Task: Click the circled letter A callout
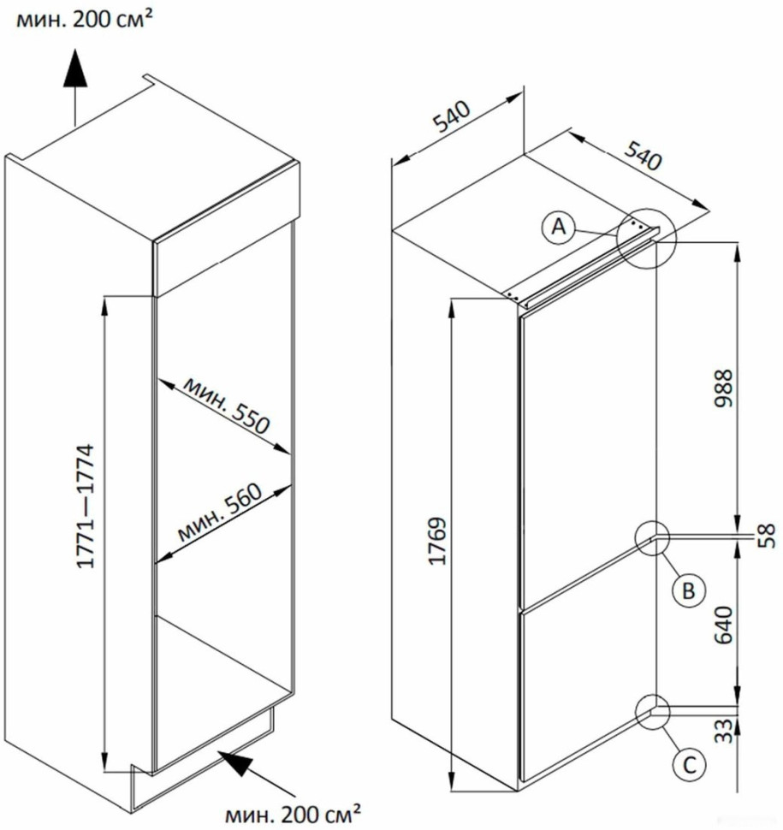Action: click(x=557, y=228)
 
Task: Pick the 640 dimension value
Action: click(x=723, y=627)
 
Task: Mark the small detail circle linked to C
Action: click(x=655, y=712)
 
